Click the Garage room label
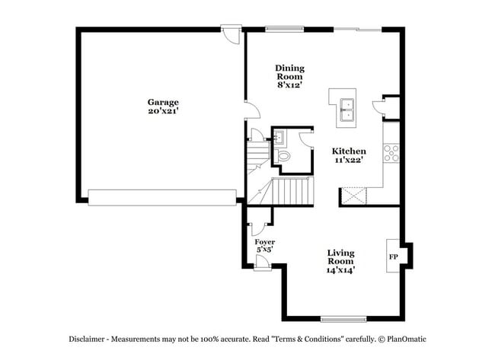pos(163,102)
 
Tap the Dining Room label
pos(289,72)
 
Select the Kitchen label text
pos(349,151)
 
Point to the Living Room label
pos(341,256)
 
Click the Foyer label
pos(264,242)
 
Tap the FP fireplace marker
pos(394,257)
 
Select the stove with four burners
pos(392,153)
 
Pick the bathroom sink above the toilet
pos(279,137)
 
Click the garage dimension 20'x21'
pos(163,112)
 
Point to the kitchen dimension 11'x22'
pos(349,161)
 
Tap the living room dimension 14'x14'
pos(341,269)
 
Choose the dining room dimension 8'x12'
pos(289,85)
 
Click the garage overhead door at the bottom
pos(162,197)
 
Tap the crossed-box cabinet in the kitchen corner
pos(354,196)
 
